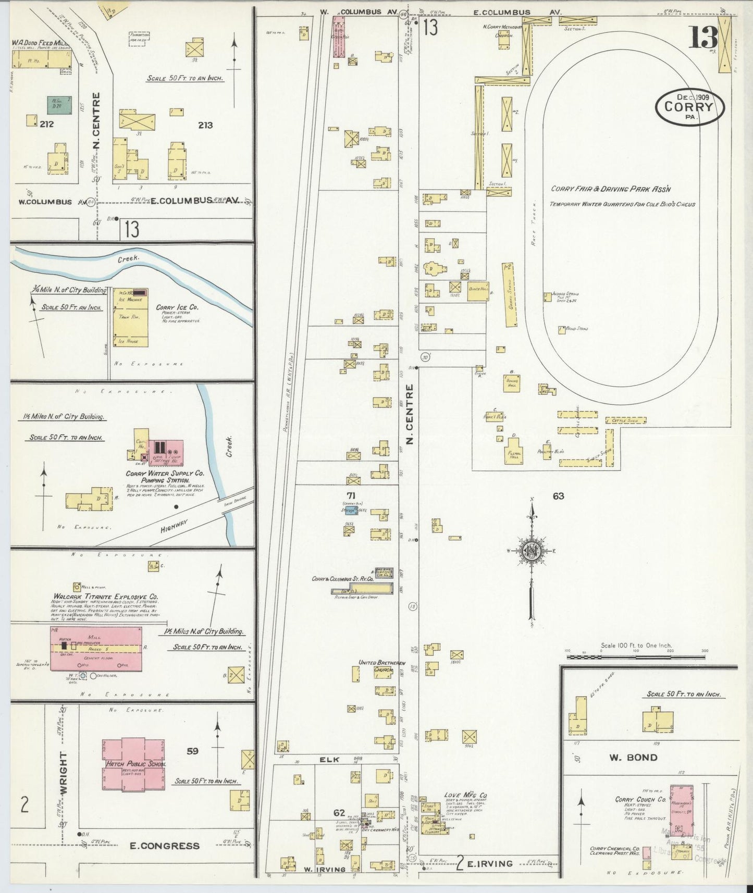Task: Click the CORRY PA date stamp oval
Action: coord(689,107)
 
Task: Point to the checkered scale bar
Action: coord(635,657)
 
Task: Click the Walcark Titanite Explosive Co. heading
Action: coord(106,597)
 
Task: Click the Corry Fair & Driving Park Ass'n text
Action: coord(611,189)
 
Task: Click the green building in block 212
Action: coord(59,105)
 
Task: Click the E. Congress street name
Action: coord(164,846)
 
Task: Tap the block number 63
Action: coord(558,496)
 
